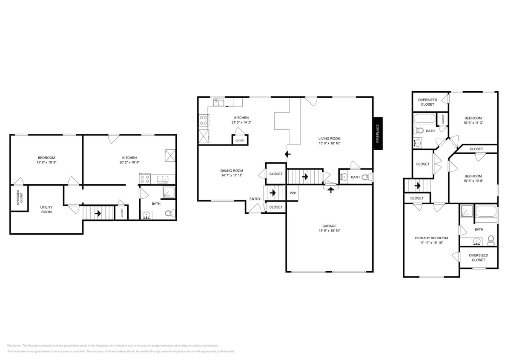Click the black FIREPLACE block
point(377,133)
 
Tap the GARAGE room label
point(329,226)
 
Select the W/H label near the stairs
point(293,193)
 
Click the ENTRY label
point(255,199)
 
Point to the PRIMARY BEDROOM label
point(431,238)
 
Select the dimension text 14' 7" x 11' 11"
point(232,175)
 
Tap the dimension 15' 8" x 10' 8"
point(46,163)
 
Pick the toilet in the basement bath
point(171,214)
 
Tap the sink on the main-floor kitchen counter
point(218,102)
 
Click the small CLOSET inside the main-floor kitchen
point(240,140)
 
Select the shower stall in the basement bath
point(169,193)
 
